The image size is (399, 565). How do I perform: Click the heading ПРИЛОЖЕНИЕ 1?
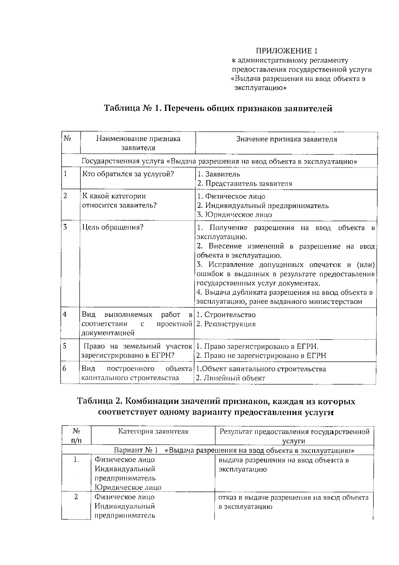[x=286, y=51]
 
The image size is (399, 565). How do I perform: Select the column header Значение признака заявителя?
[x=286, y=139]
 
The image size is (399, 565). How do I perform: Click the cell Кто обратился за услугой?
[x=128, y=174]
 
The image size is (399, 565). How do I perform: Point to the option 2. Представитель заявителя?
[x=244, y=183]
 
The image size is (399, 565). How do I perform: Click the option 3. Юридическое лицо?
[x=234, y=215]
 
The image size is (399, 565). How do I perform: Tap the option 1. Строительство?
[x=226, y=315]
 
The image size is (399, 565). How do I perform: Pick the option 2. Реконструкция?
[x=226, y=324]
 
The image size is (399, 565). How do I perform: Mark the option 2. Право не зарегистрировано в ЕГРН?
[x=261, y=356]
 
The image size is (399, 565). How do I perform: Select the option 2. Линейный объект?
[x=230, y=378]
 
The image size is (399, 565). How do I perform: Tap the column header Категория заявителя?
[x=153, y=431]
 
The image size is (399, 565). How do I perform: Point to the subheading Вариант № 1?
[x=136, y=450]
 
